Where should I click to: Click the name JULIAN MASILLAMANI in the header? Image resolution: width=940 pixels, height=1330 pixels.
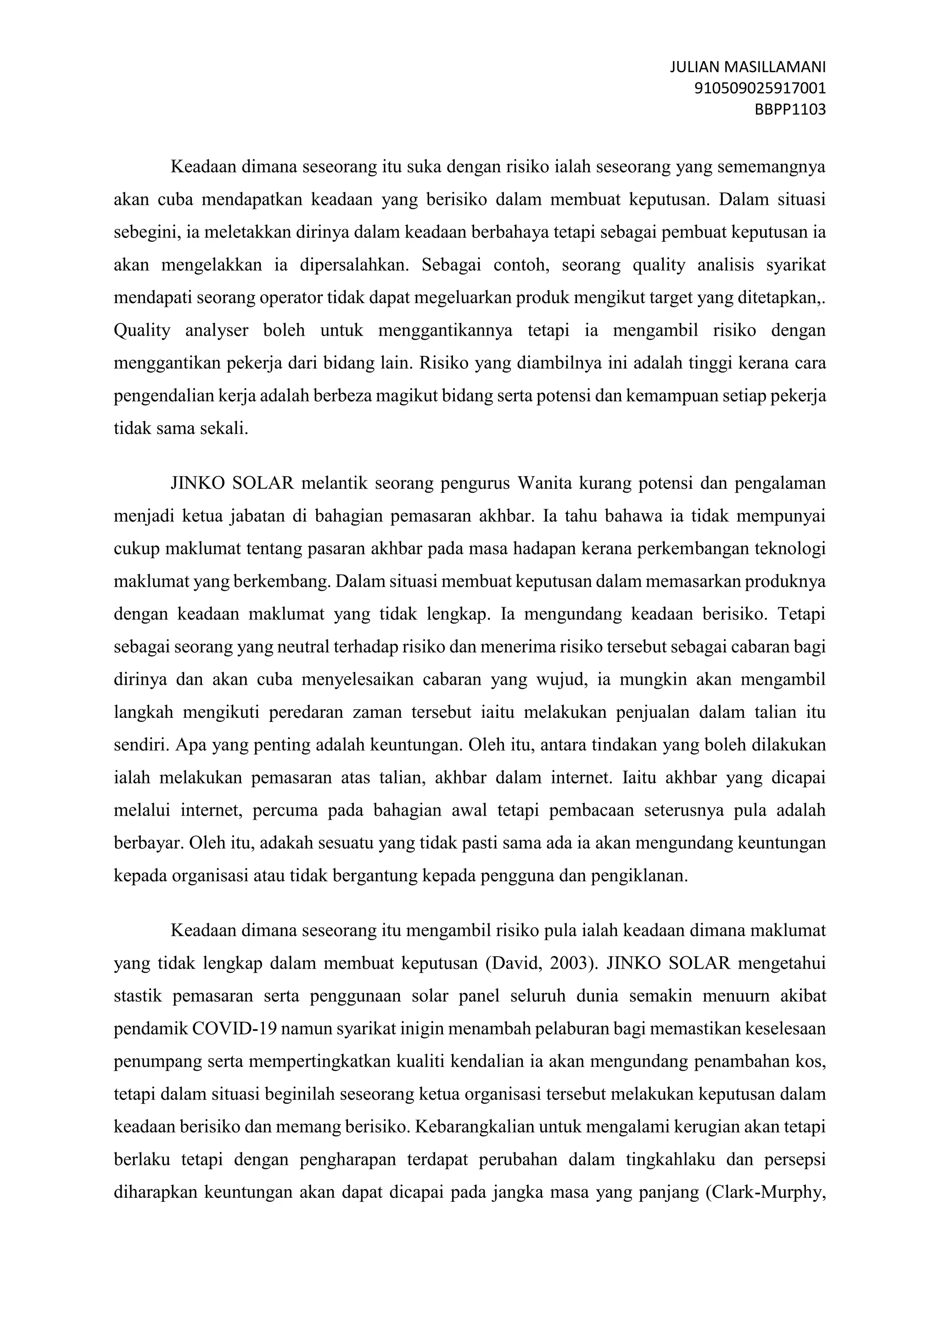pyautogui.click(x=747, y=67)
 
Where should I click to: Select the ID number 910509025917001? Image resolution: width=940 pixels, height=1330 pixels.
pyautogui.click(x=760, y=88)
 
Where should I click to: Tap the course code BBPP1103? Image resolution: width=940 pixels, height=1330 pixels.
pyautogui.click(x=790, y=109)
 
